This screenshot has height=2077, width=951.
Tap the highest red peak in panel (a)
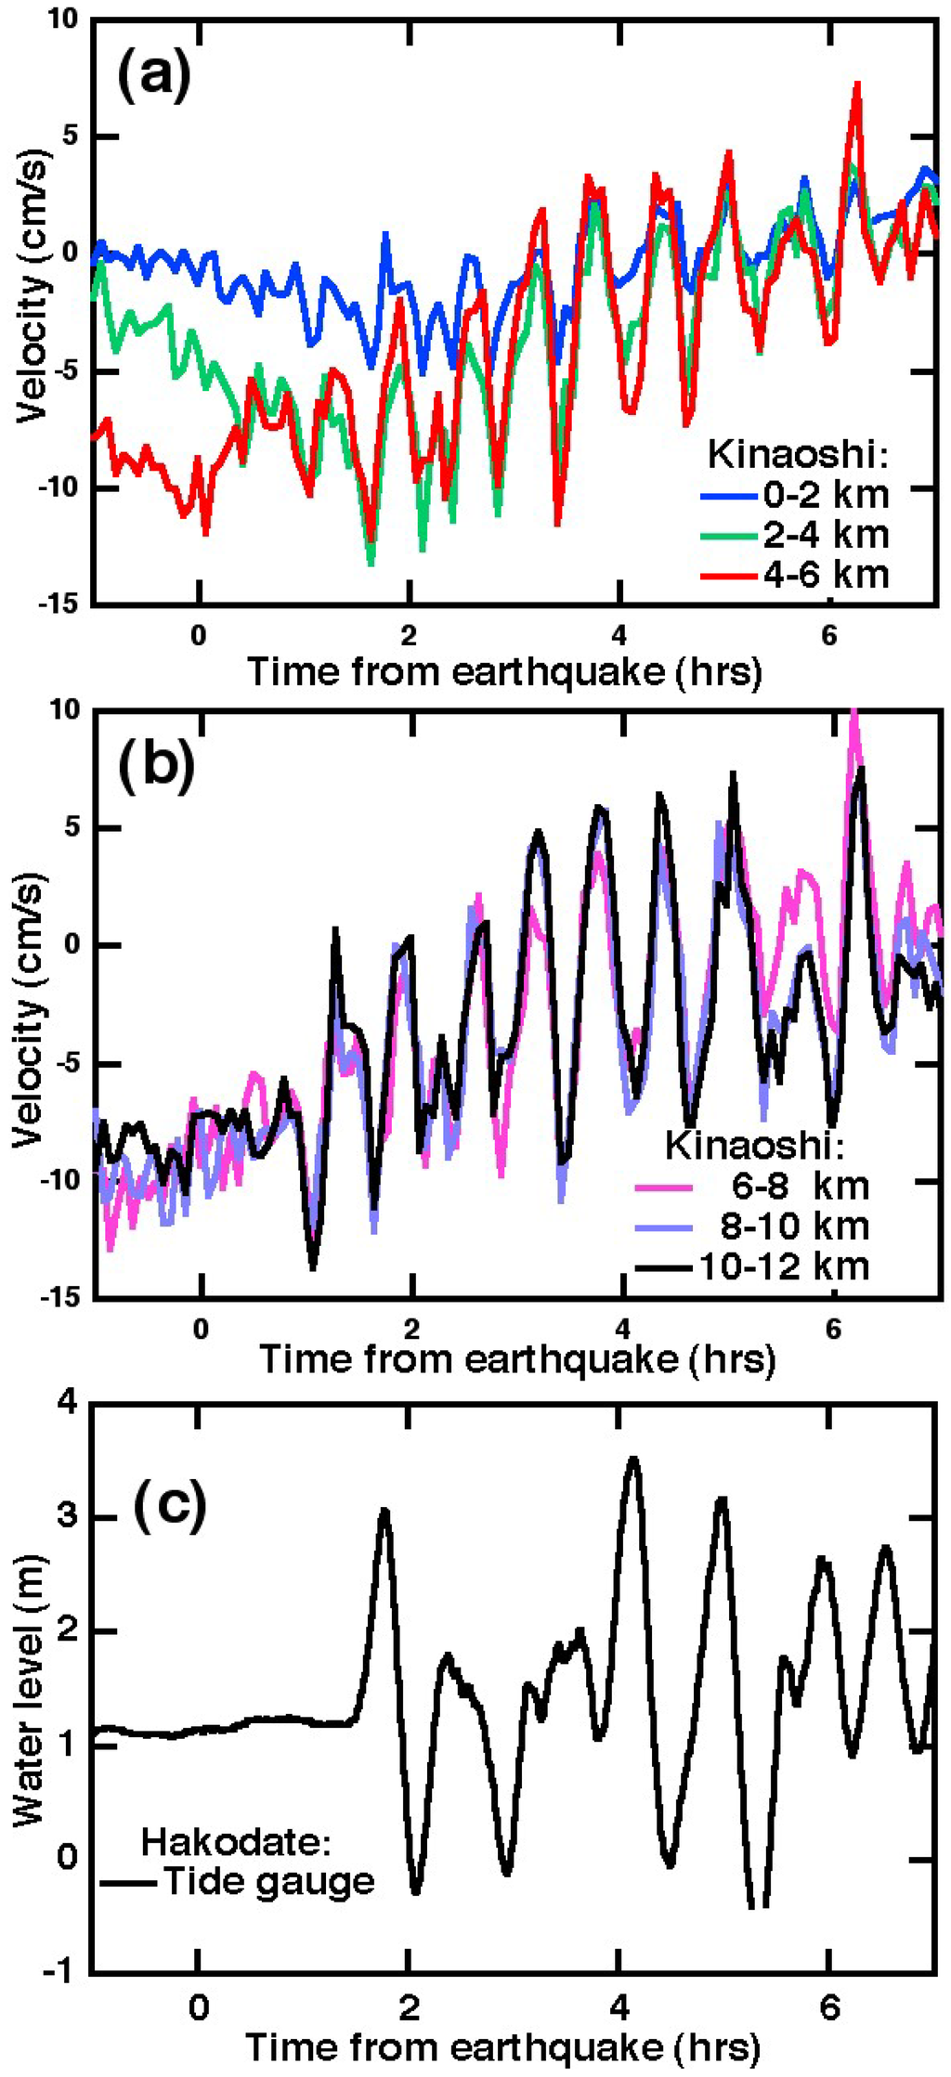point(857,84)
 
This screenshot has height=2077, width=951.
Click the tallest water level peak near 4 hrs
point(633,1460)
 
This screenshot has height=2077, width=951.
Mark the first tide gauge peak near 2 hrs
point(384,1512)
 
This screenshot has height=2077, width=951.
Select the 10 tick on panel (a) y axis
point(62,20)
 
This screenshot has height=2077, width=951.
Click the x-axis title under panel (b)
point(516,1359)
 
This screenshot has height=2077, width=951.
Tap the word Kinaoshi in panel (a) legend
point(797,455)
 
